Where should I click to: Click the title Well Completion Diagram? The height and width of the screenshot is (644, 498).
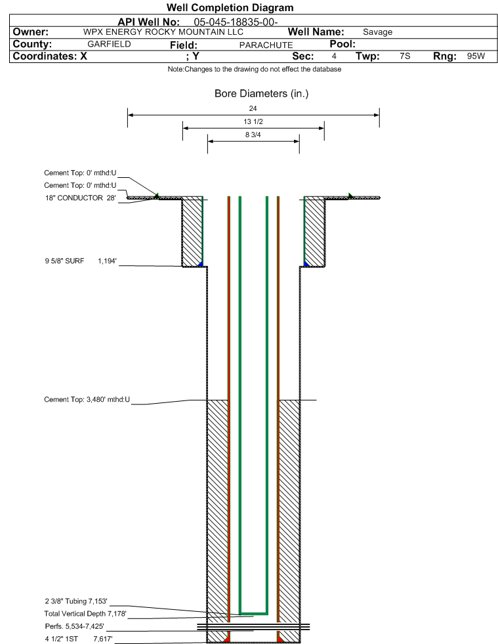click(230, 7)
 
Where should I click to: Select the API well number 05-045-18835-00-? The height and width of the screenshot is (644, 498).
click(236, 22)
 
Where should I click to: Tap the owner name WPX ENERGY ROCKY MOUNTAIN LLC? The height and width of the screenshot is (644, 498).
click(163, 32)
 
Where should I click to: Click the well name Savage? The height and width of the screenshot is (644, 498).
click(377, 32)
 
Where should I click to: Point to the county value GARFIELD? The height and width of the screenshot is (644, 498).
click(109, 44)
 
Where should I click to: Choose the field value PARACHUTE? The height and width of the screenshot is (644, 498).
click(266, 45)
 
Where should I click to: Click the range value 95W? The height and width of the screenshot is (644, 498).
click(476, 56)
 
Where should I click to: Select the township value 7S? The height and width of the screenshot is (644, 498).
click(405, 56)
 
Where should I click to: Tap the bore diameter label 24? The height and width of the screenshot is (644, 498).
click(253, 108)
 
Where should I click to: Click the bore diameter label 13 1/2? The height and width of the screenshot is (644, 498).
click(253, 121)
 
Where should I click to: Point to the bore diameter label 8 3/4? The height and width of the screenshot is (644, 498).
click(253, 135)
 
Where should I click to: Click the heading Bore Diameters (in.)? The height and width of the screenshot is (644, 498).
click(262, 94)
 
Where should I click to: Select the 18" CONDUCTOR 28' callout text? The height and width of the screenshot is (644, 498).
click(81, 198)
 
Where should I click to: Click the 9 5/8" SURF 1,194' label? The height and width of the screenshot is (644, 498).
click(81, 261)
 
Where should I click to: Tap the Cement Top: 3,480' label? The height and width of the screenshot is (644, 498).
click(87, 399)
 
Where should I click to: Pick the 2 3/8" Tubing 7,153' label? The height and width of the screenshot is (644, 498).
click(76, 601)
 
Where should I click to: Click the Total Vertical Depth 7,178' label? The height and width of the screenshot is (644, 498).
click(85, 614)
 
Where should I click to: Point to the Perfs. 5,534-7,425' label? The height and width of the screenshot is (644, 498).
click(74, 626)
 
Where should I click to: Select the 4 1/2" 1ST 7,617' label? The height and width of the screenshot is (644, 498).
click(79, 639)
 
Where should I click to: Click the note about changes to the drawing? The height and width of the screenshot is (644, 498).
click(254, 69)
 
